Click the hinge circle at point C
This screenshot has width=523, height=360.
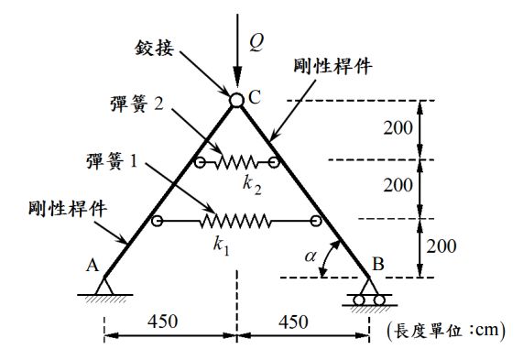pos(236,101)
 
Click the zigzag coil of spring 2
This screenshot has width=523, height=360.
pos(237,163)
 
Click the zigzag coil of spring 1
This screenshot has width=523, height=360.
pos(236,221)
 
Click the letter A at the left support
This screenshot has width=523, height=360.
pos(92,265)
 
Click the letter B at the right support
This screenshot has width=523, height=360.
pos(377,265)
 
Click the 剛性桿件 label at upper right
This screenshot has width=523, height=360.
pos(330,66)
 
